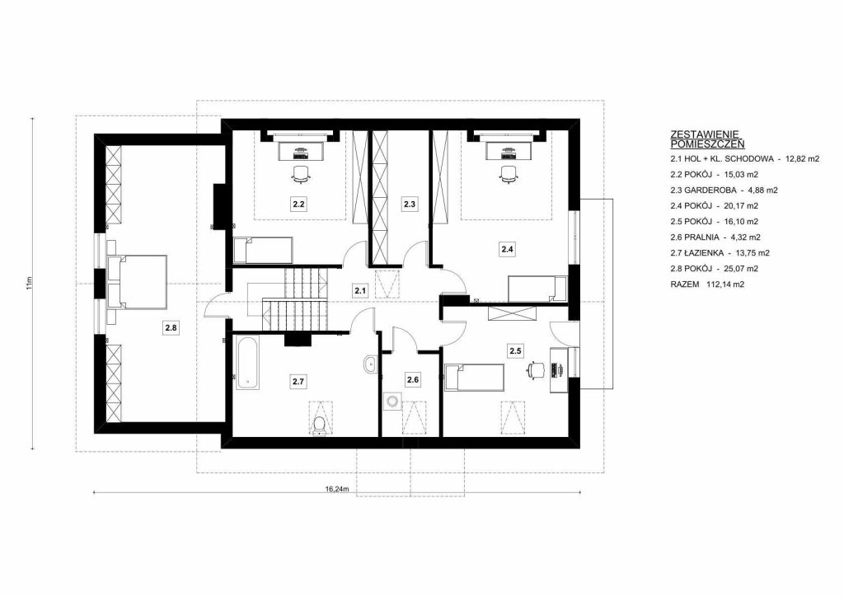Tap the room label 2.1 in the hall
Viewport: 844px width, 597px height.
(x=360, y=291)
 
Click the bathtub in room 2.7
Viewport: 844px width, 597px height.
(x=247, y=362)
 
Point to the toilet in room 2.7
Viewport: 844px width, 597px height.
(x=319, y=425)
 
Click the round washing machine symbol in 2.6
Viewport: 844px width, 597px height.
(x=392, y=401)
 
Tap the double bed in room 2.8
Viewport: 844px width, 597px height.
(x=138, y=281)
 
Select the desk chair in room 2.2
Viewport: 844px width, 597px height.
(x=301, y=173)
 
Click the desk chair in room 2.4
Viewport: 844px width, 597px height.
(x=508, y=174)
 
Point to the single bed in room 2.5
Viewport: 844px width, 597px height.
(x=475, y=378)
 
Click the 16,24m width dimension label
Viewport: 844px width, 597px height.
(x=337, y=489)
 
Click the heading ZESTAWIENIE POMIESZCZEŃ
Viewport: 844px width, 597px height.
(x=708, y=139)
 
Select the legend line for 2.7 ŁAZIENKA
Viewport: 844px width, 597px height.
(x=720, y=252)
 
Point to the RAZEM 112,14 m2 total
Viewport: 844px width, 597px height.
(x=707, y=284)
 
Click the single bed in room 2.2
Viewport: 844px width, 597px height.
(x=263, y=251)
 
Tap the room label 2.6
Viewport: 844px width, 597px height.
(x=413, y=379)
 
